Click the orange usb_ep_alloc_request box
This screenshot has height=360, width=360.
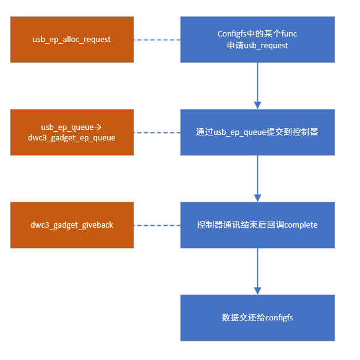click(72, 40)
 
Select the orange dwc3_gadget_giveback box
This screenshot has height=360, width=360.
click(72, 225)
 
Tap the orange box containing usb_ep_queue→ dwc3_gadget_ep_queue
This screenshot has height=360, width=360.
click(72, 132)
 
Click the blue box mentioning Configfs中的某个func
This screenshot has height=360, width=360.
click(257, 40)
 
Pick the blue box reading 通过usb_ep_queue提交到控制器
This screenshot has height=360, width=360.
click(257, 132)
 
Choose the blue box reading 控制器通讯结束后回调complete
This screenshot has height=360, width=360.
click(257, 225)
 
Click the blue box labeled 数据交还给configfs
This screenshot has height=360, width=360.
click(257, 318)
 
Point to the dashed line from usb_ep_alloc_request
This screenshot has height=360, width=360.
click(157, 40)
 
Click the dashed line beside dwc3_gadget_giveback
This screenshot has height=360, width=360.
click(157, 225)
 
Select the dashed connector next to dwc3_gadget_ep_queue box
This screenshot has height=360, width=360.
click(157, 132)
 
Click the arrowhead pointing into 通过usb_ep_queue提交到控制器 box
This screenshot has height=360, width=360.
click(257, 105)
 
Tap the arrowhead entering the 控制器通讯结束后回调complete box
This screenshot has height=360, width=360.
click(257, 197)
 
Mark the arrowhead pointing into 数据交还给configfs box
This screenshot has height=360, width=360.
click(257, 290)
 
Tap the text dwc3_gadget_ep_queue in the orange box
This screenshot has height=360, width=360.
click(72, 138)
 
